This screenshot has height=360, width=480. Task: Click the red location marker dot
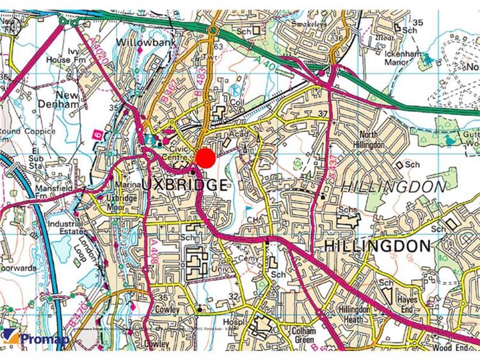point(205,158)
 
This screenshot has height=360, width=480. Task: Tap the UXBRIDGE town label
point(184,186)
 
